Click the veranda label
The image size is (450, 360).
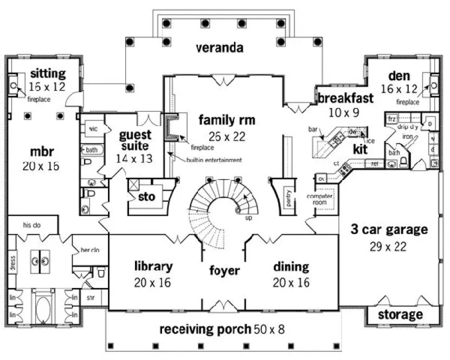(219, 48)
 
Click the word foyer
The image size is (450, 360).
(224, 270)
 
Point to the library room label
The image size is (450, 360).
(153, 266)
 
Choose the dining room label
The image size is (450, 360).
(291, 267)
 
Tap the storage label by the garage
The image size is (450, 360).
(400, 314)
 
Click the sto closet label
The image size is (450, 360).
(147, 197)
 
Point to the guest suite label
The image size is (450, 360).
(135, 140)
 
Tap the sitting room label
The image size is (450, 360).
(48, 74)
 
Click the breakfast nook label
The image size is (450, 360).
(345, 99)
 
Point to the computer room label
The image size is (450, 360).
(319, 198)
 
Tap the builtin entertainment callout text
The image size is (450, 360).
(214, 160)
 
